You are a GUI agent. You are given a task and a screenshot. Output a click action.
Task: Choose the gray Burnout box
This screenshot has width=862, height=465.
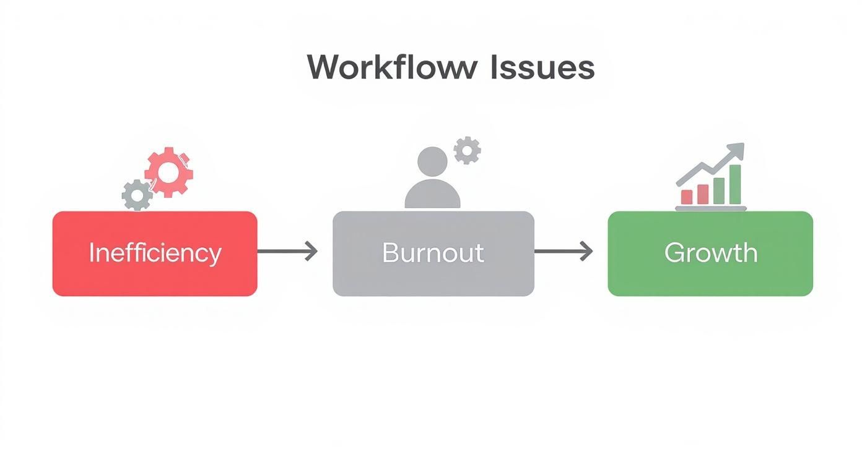pyautogui.click(x=433, y=275)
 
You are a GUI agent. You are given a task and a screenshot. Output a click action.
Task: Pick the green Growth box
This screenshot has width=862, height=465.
pyautogui.click(x=710, y=275)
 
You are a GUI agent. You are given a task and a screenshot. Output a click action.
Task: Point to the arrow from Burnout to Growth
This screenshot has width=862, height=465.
pyautogui.click(x=563, y=252)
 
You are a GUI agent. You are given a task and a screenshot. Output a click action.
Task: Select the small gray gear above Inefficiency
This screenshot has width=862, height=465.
pyautogui.click(x=137, y=195)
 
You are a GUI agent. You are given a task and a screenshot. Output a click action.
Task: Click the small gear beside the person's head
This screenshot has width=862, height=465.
pyautogui.click(x=467, y=150)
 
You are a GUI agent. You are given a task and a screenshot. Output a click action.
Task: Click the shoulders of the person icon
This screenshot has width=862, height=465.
pyautogui.click(x=432, y=197)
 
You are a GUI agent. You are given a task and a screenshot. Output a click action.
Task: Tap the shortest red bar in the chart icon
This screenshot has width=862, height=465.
pyautogui.click(x=687, y=197)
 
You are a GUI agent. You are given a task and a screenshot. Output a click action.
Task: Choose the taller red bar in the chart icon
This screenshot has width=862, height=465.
pyautogui.click(x=703, y=194)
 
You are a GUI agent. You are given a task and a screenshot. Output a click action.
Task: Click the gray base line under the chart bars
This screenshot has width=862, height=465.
pyautogui.click(x=710, y=208)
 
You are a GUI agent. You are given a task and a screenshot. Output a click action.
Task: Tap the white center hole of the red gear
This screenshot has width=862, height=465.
pyautogui.click(x=168, y=173)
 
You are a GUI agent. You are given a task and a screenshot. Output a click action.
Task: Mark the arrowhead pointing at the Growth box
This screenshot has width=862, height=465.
pyautogui.click(x=586, y=252)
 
